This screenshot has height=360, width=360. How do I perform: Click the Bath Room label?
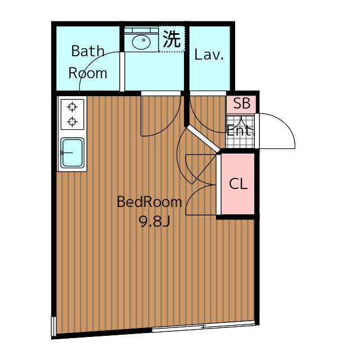point(88,62)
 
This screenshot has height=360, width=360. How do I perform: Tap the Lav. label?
point(209,55)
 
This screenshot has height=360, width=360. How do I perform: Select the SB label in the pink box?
point(241,103)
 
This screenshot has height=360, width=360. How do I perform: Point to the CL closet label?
point(238,184)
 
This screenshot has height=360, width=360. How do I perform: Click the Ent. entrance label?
point(240,131)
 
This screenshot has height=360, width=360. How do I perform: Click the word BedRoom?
point(149,202)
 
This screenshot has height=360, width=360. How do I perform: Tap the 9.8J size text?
point(154,221)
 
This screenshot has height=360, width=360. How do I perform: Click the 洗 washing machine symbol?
point(172,39)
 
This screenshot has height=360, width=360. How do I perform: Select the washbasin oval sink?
point(141,40)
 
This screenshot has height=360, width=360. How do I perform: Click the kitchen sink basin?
point(72,152)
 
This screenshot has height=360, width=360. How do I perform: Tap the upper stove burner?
point(72,106)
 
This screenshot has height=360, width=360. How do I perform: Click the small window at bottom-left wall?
point(54,326)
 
